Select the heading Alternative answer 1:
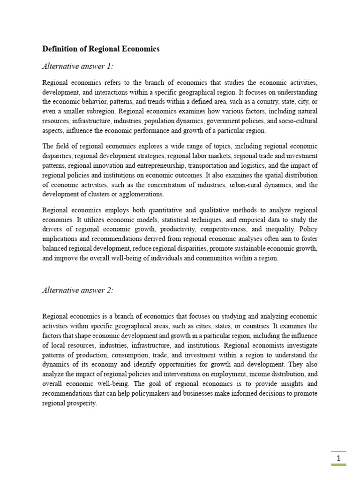pyautogui.click(x=78, y=66)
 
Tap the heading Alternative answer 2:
pyautogui.click(x=78, y=290)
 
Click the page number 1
pyautogui.click(x=338, y=457)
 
